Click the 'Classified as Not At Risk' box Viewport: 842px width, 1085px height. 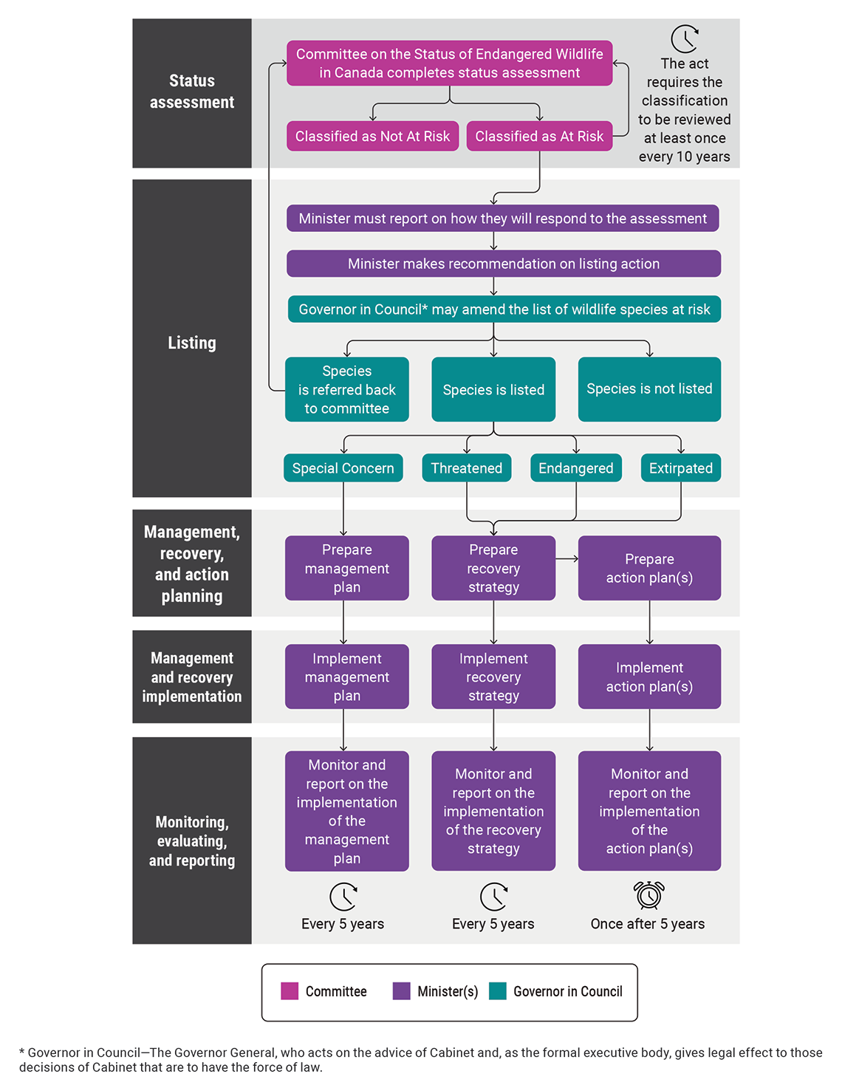point(372,136)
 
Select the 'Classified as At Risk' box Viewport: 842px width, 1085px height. point(539,136)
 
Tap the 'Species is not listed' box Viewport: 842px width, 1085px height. point(649,389)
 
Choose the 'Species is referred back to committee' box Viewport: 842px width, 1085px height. point(346,389)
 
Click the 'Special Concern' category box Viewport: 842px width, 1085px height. point(343,468)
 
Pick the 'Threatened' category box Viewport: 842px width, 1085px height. point(466,468)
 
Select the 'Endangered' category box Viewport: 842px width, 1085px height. point(575,468)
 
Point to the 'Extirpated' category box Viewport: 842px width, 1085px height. point(680,468)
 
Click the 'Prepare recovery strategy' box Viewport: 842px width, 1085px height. point(493,568)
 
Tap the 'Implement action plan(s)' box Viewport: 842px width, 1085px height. point(649,677)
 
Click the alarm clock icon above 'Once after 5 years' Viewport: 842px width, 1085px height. point(649,894)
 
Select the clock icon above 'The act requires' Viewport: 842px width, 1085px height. point(685,39)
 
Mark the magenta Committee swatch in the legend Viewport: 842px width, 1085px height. point(290,991)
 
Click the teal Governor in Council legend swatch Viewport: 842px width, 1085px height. point(498,991)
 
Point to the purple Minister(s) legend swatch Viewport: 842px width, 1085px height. point(401,991)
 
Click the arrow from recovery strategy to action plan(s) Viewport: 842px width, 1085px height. point(567,559)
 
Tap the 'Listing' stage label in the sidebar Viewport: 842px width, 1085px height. point(192,343)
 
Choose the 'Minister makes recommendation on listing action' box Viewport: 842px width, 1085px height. point(503,264)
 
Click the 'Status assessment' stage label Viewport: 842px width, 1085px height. point(192,92)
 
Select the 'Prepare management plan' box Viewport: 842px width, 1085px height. point(346,568)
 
